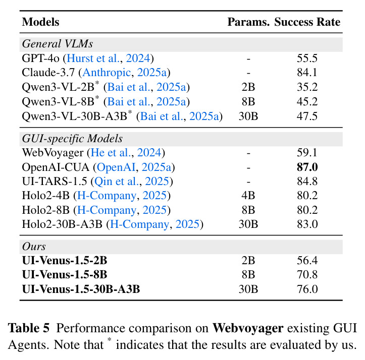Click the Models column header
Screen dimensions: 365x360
(x=40, y=22)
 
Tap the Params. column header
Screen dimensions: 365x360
(x=248, y=22)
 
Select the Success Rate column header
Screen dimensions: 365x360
(x=307, y=22)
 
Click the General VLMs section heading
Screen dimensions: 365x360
(x=58, y=44)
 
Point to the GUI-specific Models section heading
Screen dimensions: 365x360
(x=72, y=139)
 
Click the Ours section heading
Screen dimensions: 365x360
(x=34, y=247)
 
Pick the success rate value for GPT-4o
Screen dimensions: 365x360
(x=307, y=58)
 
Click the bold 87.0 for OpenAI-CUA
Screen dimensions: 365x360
(x=307, y=167)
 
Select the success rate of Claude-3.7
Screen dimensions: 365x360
(x=307, y=73)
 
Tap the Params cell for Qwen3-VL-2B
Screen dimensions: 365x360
(x=248, y=87)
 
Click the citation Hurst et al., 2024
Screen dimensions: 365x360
(x=109, y=58)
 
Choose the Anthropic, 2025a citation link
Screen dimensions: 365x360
(x=125, y=73)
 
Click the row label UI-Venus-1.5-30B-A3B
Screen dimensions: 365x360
(x=81, y=289)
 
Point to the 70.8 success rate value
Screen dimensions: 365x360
(x=307, y=275)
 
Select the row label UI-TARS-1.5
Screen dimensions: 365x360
(x=55, y=182)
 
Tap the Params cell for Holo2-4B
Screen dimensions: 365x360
(x=248, y=196)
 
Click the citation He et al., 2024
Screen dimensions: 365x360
(x=126, y=153)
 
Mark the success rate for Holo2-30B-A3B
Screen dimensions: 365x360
(x=307, y=224)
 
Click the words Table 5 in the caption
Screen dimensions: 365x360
(x=29, y=328)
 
